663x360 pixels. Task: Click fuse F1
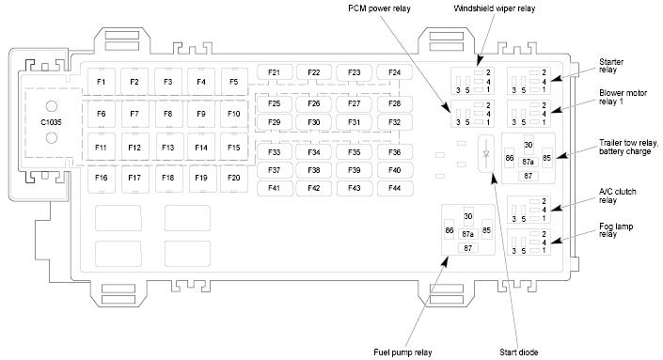pyautogui.click(x=101, y=82)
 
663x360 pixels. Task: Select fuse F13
pyautogui.click(x=168, y=148)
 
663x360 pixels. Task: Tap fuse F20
pyautogui.click(x=234, y=178)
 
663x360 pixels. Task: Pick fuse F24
pyautogui.click(x=394, y=72)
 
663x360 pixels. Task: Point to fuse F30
pyautogui.click(x=314, y=122)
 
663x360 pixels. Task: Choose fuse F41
pyautogui.click(x=274, y=188)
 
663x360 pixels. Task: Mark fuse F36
pyautogui.click(x=394, y=152)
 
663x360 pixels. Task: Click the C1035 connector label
pyautogui.click(x=51, y=122)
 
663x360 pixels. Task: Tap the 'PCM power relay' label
pyautogui.click(x=379, y=8)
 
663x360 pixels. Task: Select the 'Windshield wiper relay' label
pyautogui.click(x=495, y=8)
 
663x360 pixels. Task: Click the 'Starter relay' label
pyautogui.click(x=611, y=66)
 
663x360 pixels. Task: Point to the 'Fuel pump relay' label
pyautogui.click(x=403, y=352)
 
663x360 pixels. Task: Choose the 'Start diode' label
pyautogui.click(x=518, y=352)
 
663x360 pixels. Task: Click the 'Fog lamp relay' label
pyautogui.click(x=616, y=230)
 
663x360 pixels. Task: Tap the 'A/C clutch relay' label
pyautogui.click(x=617, y=196)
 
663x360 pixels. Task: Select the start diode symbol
pyautogui.click(x=486, y=154)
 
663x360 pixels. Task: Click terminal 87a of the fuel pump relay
pyautogui.click(x=467, y=234)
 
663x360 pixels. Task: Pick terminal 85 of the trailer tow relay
pyautogui.click(x=546, y=158)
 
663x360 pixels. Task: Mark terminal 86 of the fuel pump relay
pyautogui.click(x=449, y=230)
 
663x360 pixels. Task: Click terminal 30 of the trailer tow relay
pyautogui.click(x=529, y=145)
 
